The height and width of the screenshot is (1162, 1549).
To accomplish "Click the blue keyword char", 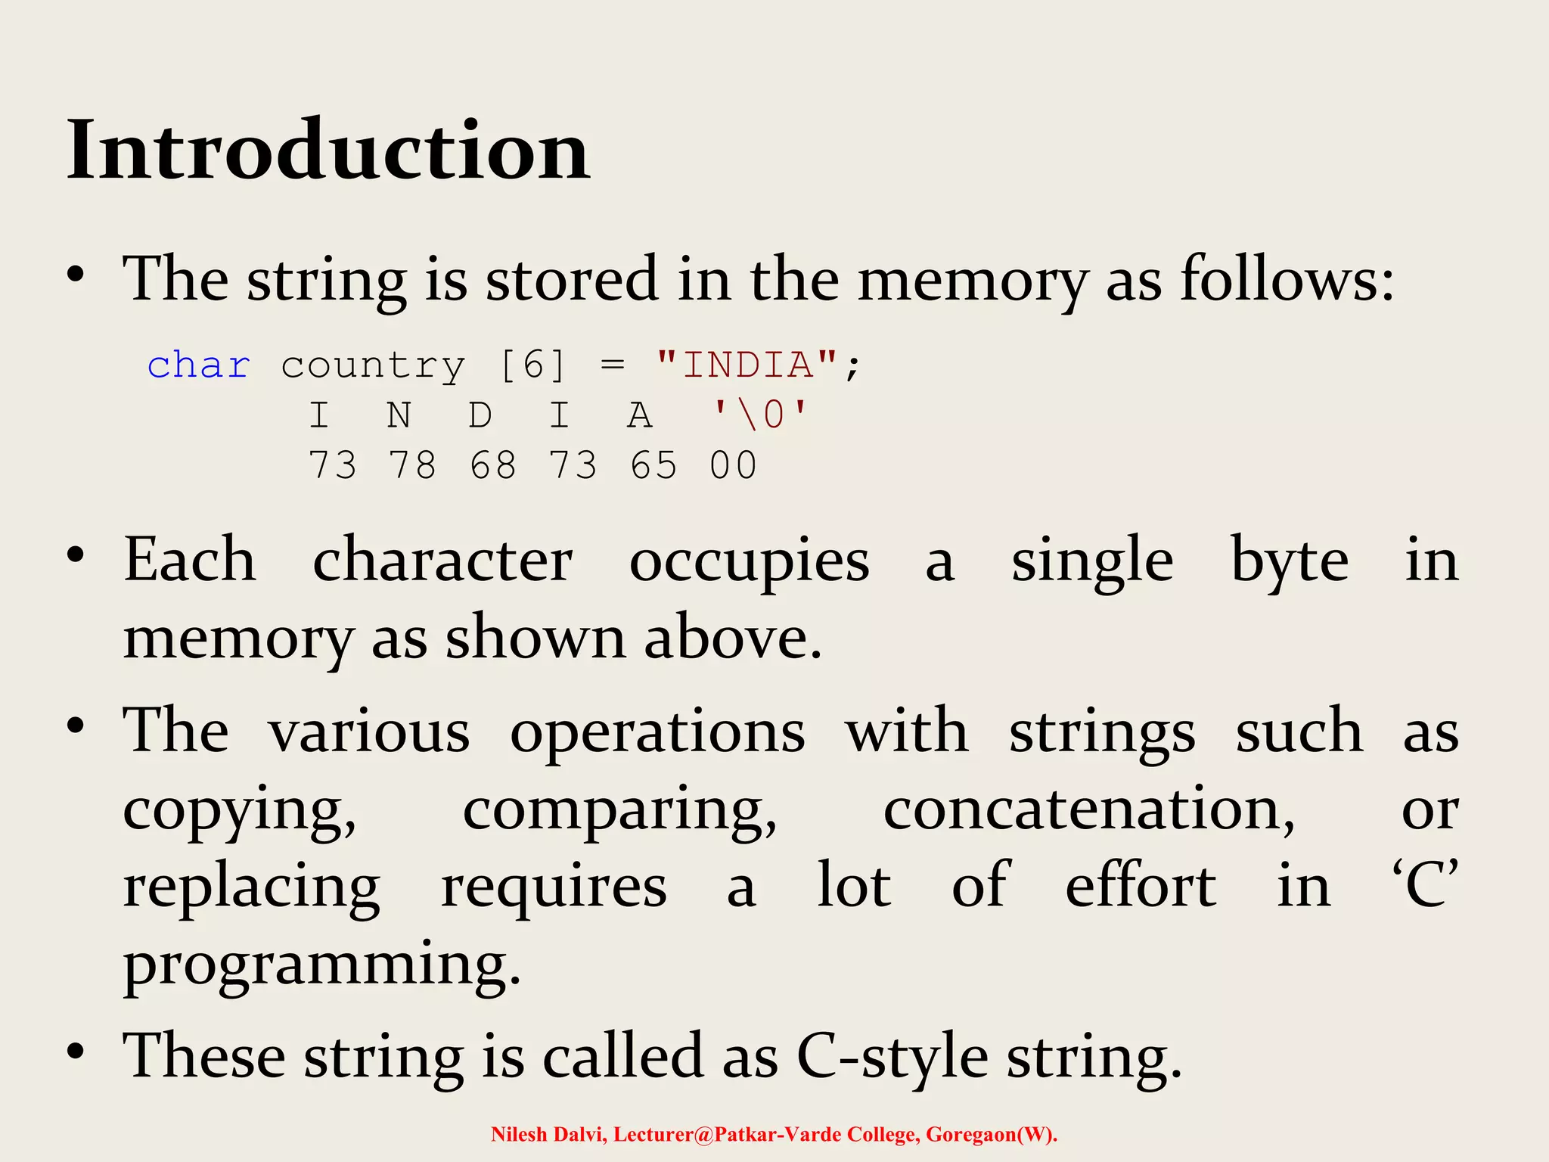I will coord(198,365).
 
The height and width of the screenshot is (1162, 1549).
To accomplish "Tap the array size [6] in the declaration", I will coord(532,365).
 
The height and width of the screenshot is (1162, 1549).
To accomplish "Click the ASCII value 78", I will coord(412,465).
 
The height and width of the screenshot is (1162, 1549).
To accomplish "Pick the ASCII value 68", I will coord(493,465).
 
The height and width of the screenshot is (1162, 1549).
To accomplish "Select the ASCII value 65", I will coord(653,465).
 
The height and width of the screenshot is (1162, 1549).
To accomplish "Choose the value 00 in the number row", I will coord(733,465).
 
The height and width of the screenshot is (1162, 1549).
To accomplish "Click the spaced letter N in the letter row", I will coord(399,415).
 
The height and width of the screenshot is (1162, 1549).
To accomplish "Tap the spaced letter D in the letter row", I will coord(480,415).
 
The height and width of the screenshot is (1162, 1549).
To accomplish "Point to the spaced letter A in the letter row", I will coord(640,415).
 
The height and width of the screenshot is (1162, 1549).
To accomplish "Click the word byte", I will coord(1290,561).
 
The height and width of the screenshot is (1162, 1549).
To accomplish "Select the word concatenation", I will coord(1089,809).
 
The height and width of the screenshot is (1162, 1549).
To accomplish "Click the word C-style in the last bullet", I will coord(892,1056).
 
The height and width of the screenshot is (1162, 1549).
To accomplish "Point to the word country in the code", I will coord(373,365).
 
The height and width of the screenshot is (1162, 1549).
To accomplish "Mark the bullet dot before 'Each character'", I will coord(75,556).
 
